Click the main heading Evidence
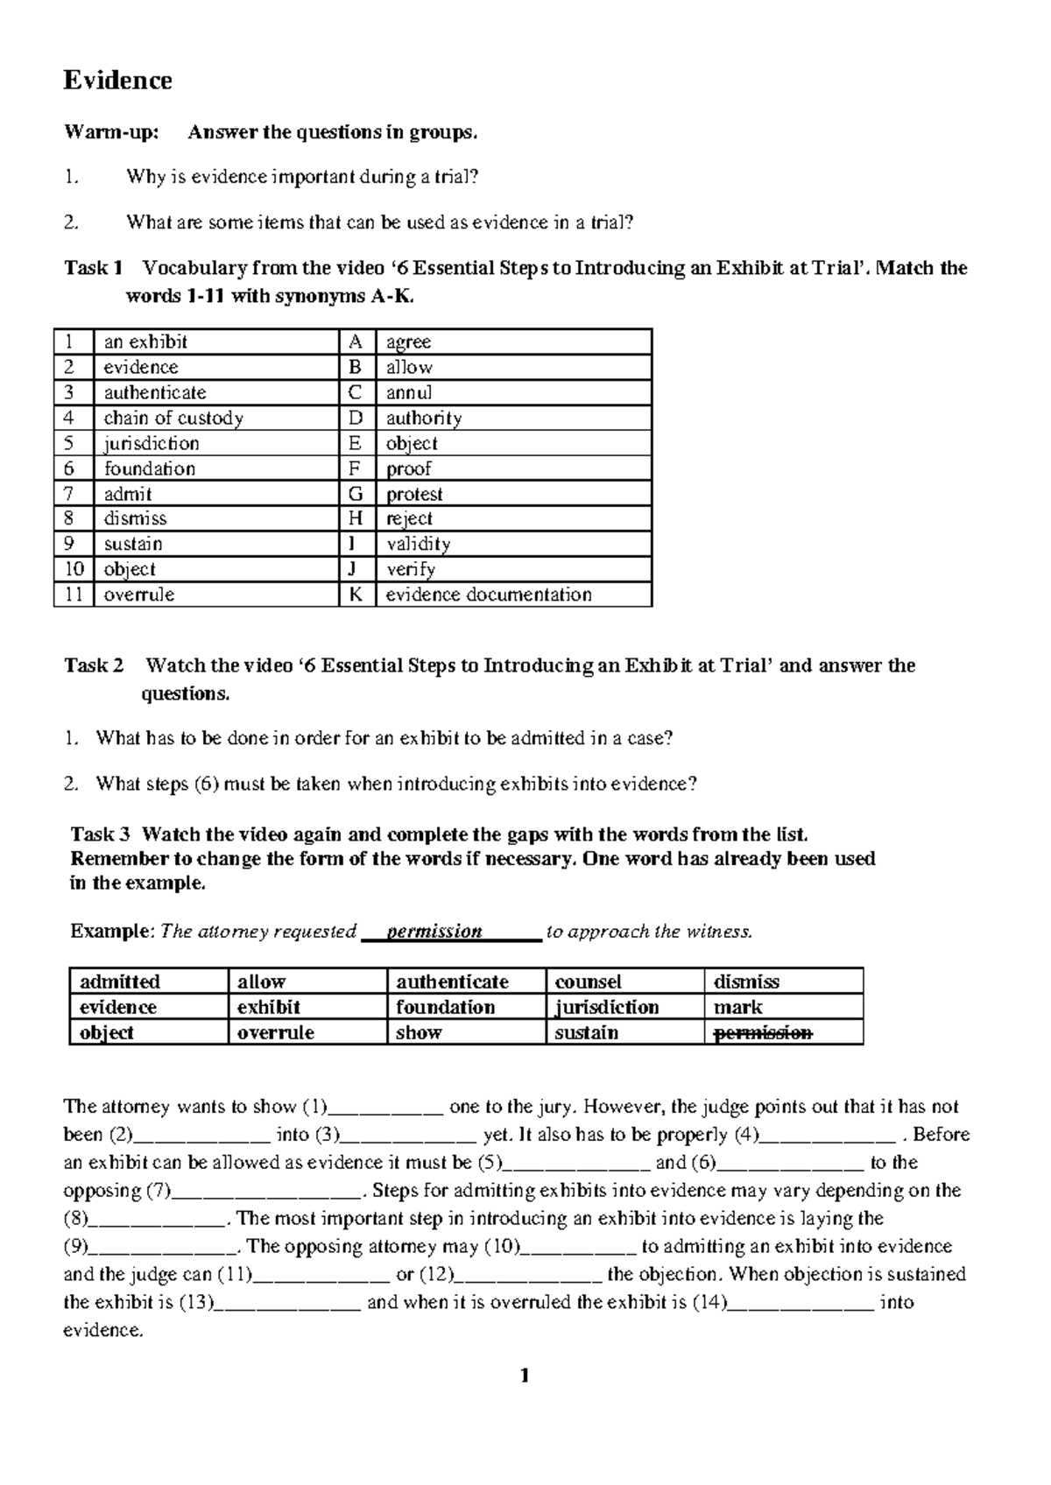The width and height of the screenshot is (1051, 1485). point(117,81)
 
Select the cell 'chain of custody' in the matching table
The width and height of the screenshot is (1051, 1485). point(173,418)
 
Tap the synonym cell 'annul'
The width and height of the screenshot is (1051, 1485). point(409,392)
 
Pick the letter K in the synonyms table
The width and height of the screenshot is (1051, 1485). point(356,595)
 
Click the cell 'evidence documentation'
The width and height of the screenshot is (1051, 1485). point(489,595)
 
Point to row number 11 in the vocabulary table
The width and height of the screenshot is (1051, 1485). point(74,595)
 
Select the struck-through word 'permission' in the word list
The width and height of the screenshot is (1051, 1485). point(763,1032)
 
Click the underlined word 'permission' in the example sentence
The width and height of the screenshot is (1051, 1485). point(434,932)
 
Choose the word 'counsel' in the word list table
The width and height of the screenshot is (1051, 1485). point(588,982)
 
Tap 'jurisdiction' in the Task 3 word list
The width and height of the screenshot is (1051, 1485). point(606,1007)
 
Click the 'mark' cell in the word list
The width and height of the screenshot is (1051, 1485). point(737,1007)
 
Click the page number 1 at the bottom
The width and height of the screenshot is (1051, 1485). point(525,1376)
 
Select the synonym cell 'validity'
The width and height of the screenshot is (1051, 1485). point(418,544)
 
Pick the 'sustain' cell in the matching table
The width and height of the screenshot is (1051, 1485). point(133,544)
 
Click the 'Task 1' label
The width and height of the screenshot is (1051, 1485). point(93,268)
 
